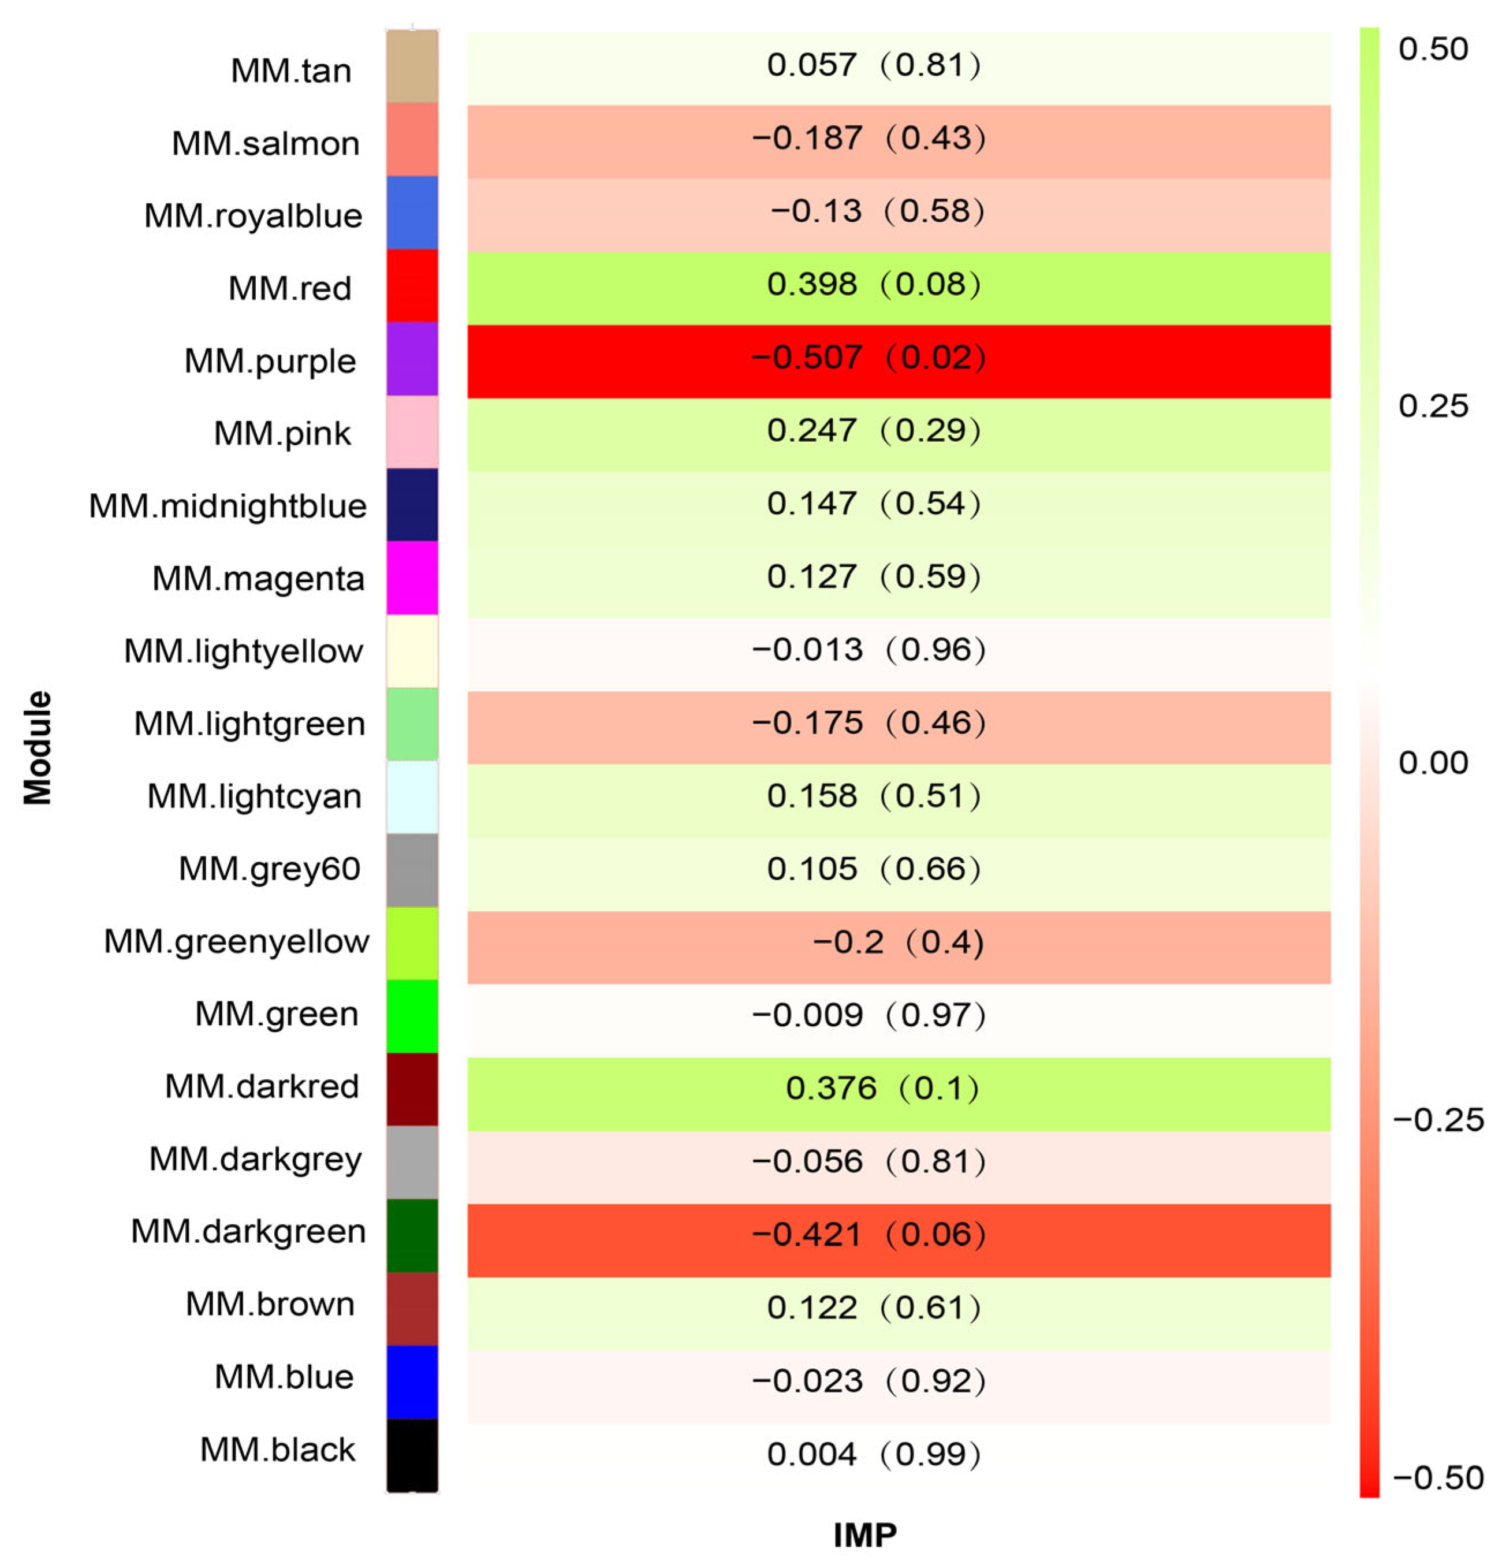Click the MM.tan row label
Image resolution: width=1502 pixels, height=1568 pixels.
point(290,70)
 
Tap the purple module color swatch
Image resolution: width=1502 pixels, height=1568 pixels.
point(412,359)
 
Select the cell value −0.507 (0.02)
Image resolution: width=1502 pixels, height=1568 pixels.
point(868,357)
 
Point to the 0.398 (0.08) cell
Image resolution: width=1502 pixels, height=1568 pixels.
point(873,284)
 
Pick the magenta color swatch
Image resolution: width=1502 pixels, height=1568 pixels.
point(412,578)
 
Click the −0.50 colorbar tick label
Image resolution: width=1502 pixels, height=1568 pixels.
point(1437,1477)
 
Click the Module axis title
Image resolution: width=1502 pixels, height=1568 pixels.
point(38,747)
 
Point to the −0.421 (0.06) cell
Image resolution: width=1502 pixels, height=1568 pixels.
point(868,1234)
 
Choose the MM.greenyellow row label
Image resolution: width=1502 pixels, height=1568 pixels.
point(236,941)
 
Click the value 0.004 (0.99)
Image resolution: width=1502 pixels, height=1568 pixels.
point(873,1454)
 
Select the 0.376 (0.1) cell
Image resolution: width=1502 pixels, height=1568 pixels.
point(881,1088)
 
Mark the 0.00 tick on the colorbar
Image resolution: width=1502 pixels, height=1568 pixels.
point(1433,763)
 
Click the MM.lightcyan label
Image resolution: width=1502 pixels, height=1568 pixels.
point(254,796)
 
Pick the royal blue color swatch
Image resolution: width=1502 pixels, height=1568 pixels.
point(412,213)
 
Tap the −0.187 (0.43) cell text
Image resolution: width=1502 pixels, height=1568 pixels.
point(868,137)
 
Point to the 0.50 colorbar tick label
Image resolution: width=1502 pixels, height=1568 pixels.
point(1433,50)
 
